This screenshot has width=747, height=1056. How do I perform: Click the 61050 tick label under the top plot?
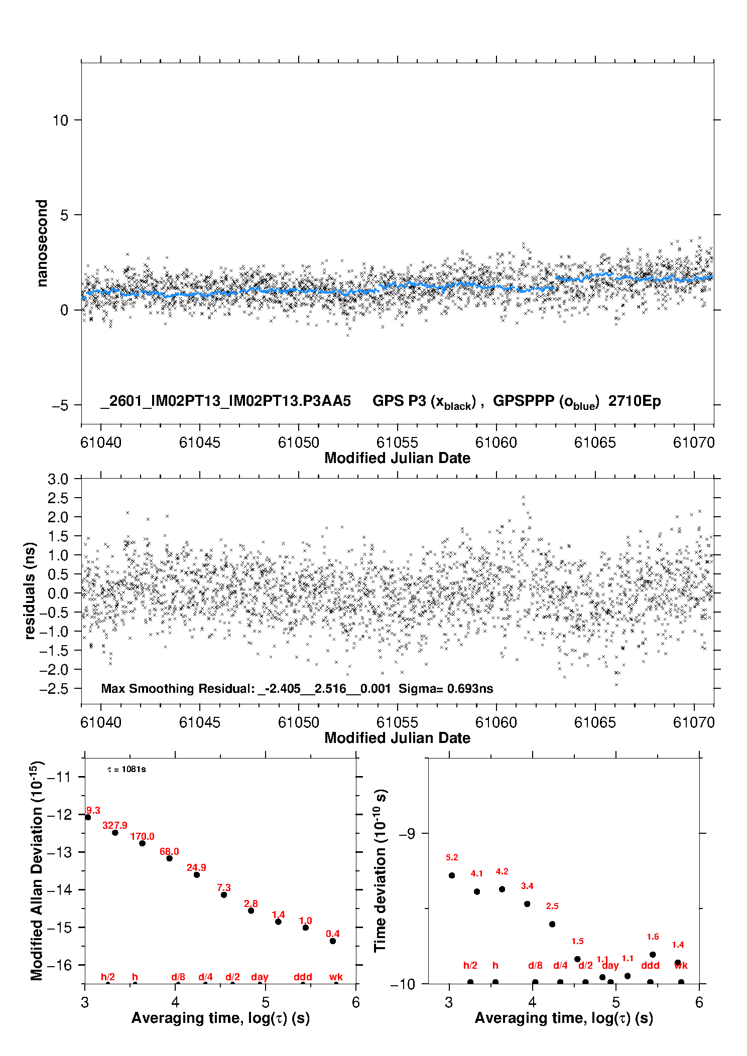point(298,442)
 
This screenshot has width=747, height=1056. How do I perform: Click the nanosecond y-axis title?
point(42,243)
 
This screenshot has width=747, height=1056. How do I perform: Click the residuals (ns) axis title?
point(30,590)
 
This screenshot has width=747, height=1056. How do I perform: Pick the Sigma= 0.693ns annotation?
point(446,688)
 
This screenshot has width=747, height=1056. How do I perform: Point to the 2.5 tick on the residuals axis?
point(58,498)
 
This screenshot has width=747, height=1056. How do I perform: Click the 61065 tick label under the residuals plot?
point(595,722)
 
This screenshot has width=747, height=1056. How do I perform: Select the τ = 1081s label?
point(127,770)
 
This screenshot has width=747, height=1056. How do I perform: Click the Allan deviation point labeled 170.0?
point(142,843)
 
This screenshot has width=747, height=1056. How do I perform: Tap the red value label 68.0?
point(169,851)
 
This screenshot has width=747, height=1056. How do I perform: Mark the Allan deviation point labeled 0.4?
point(333,941)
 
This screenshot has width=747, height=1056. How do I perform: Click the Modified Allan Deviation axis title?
point(37,870)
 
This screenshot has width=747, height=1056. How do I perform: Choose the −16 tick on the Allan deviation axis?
point(59,965)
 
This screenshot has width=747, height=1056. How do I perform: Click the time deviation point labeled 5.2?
point(452,875)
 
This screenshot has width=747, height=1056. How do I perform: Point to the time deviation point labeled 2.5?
point(552,924)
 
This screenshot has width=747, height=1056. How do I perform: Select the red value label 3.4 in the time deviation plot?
point(527,886)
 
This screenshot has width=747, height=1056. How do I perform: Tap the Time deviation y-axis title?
point(380,870)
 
